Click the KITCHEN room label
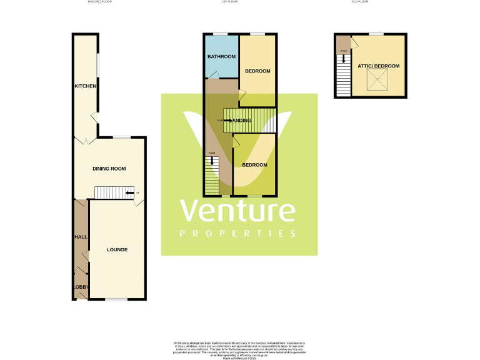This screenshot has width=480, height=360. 85,86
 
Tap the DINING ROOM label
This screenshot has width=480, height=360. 109,168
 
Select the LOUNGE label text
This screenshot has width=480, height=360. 117,250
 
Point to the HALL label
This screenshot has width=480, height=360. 80,237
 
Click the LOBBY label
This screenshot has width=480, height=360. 81,287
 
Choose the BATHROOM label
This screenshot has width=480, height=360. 221,56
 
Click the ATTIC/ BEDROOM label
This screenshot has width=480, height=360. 378,66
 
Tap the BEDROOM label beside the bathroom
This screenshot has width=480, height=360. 257,71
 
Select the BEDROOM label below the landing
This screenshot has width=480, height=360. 254,165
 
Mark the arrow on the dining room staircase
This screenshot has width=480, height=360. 129,193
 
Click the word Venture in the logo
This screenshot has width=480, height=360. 238,212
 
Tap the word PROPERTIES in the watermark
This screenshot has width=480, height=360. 238,234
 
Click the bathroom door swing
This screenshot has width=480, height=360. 213,76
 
